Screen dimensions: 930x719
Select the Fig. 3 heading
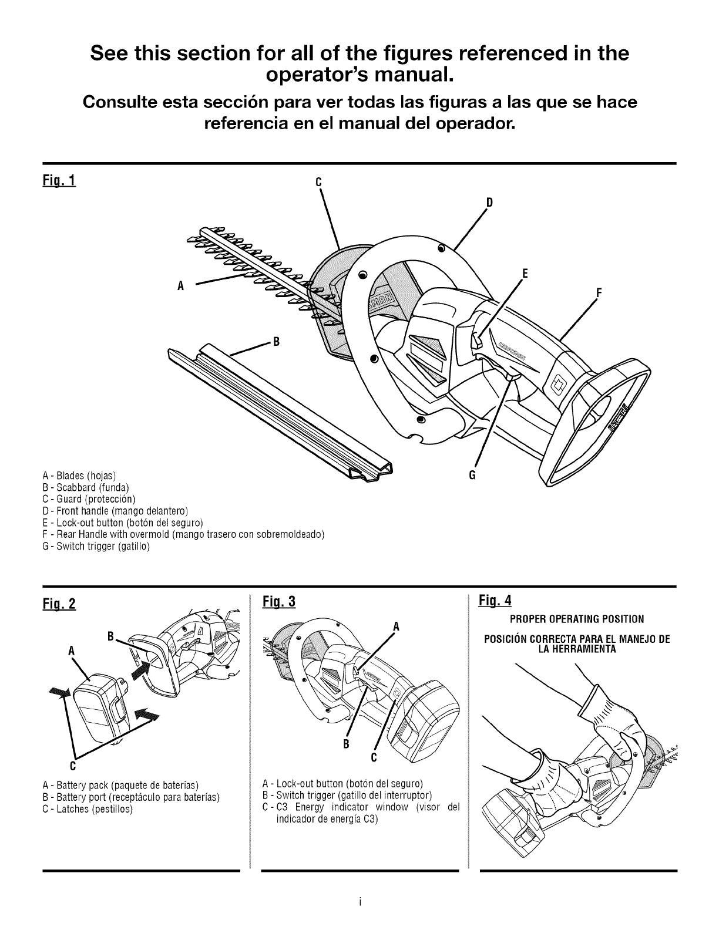click(279, 602)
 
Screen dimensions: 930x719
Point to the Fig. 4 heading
click(495, 600)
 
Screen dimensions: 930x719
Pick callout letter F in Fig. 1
click(599, 292)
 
